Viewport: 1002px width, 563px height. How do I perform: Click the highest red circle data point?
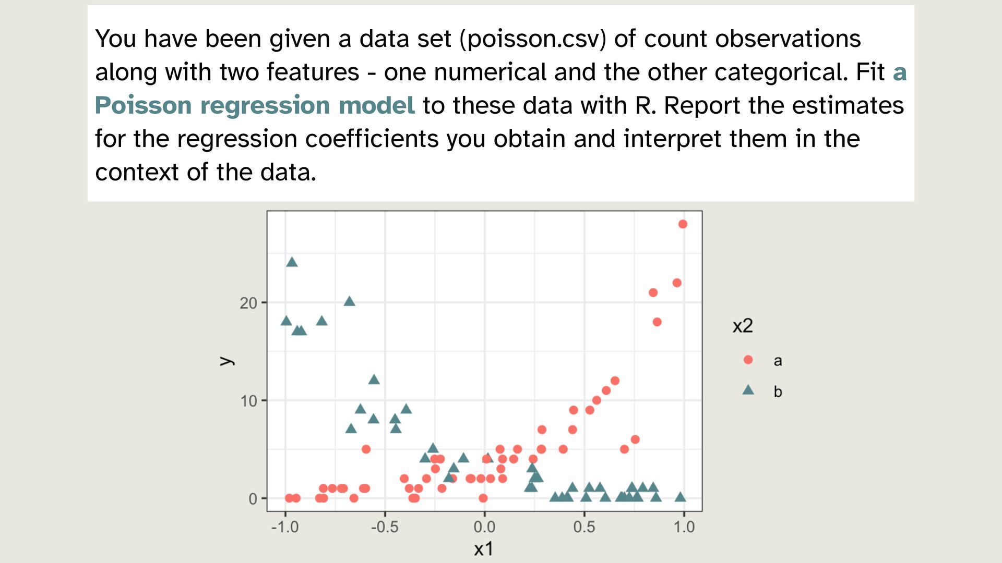pos(683,224)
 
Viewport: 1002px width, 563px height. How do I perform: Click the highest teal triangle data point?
pos(292,262)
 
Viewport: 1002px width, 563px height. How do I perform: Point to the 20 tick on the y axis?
pos(248,303)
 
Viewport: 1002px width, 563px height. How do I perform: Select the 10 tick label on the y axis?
pos(248,401)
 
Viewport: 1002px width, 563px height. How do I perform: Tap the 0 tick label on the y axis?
pos(253,499)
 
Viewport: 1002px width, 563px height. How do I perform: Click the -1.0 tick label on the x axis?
pos(285,527)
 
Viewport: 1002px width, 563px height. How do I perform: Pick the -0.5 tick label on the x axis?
pos(385,527)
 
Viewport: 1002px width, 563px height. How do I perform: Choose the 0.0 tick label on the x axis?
pos(484,527)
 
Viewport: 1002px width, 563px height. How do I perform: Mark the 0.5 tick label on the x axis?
pos(584,527)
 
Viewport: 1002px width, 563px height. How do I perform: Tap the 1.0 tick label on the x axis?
pos(684,527)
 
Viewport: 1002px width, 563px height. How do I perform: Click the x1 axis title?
pos(483,549)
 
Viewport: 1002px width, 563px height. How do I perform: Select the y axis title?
pos(226,361)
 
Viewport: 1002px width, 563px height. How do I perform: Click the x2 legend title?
pos(743,326)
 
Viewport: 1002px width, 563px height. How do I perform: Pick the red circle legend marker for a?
pos(748,360)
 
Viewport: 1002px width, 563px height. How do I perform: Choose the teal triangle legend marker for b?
pos(748,390)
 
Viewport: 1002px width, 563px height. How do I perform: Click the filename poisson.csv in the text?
pos(533,39)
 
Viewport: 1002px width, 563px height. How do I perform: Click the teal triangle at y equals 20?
pos(350,301)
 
